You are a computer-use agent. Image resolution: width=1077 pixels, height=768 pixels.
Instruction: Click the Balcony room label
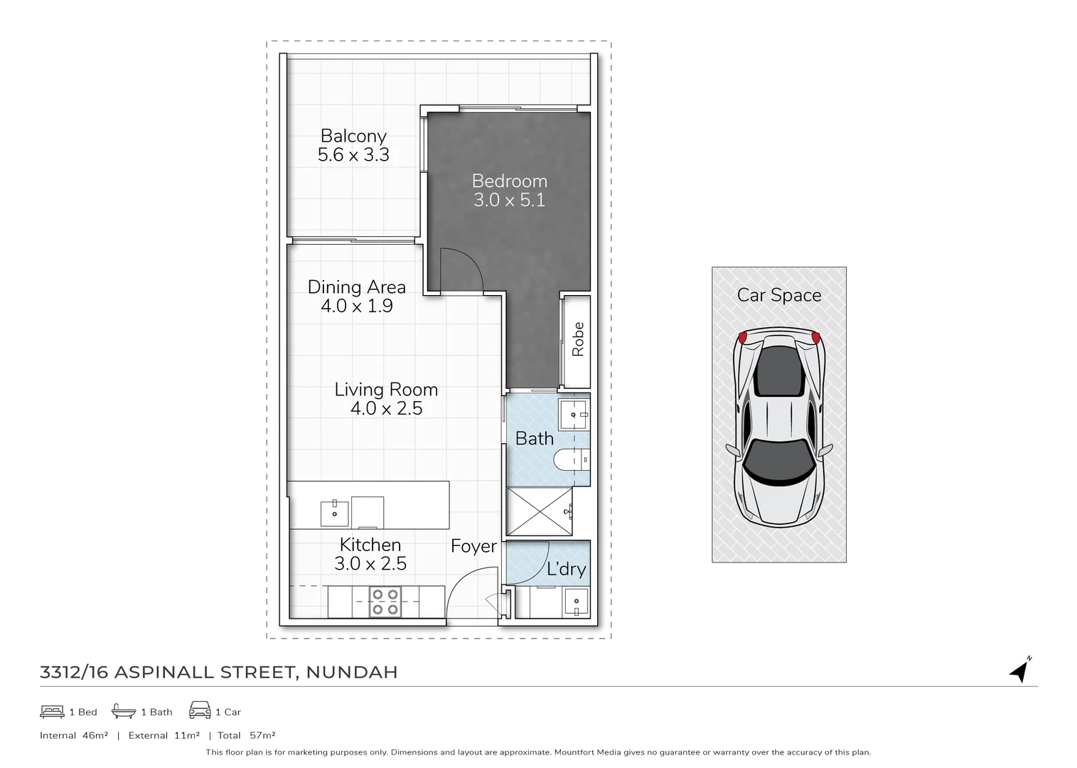tap(353, 136)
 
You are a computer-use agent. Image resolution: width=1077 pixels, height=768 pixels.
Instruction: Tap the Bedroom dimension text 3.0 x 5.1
tap(509, 201)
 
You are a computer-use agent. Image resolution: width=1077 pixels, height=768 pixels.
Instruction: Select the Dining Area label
tap(356, 287)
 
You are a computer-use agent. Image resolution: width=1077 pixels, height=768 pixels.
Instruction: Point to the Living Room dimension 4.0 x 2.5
tap(386, 409)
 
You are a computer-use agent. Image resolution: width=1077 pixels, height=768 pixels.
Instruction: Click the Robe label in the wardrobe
tap(578, 339)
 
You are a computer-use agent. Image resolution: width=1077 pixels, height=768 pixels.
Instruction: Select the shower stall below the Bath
tap(539, 511)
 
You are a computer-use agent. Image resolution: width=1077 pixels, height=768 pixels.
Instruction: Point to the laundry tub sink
tap(576, 602)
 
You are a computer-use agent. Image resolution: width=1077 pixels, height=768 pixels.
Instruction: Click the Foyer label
tap(473, 546)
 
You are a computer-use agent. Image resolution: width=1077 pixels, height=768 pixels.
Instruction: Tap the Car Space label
tap(779, 295)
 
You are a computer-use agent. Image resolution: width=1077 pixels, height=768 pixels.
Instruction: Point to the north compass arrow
tap(1021, 670)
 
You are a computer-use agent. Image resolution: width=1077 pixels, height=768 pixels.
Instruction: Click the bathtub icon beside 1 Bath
tap(124, 711)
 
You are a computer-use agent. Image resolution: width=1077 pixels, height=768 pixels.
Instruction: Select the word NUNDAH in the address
tap(352, 672)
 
